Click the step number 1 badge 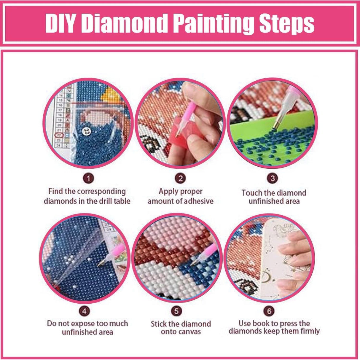click(88, 178)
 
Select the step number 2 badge click(180, 178)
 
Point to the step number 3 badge click(273, 178)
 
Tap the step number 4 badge click(85, 311)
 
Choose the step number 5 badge click(176, 311)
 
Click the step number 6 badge click(269, 311)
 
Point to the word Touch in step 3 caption click(252, 193)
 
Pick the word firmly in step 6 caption click(310, 331)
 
